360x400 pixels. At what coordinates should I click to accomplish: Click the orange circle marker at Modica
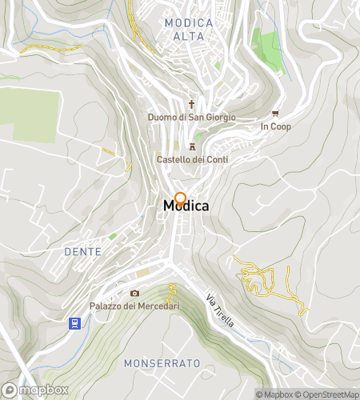click(x=181, y=199)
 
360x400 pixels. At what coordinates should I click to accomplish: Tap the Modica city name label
click(x=186, y=206)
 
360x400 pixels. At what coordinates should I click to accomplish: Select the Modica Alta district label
click(x=189, y=30)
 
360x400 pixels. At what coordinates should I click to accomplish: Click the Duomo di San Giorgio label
click(x=192, y=118)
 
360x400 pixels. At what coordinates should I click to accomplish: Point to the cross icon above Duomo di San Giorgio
click(x=192, y=104)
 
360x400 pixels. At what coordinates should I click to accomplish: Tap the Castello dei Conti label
click(x=192, y=159)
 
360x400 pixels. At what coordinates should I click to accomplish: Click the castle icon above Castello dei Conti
click(x=192, y=146)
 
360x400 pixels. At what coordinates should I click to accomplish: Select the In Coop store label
click(x=276, y=126)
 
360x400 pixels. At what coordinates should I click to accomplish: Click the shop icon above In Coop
click(x=276, y=114)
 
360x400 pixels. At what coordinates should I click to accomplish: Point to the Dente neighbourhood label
click(x=82, y=251)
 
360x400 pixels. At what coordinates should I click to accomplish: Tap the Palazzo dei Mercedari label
click(x=134, y=306)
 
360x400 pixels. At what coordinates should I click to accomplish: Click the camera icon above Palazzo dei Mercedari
click(x=134, y=294)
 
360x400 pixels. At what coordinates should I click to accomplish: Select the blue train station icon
click(x=74, y=323)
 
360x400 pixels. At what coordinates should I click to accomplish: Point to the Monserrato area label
click(x=162, y=363)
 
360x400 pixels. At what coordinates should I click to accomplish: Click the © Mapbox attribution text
click(x=276, y=394)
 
